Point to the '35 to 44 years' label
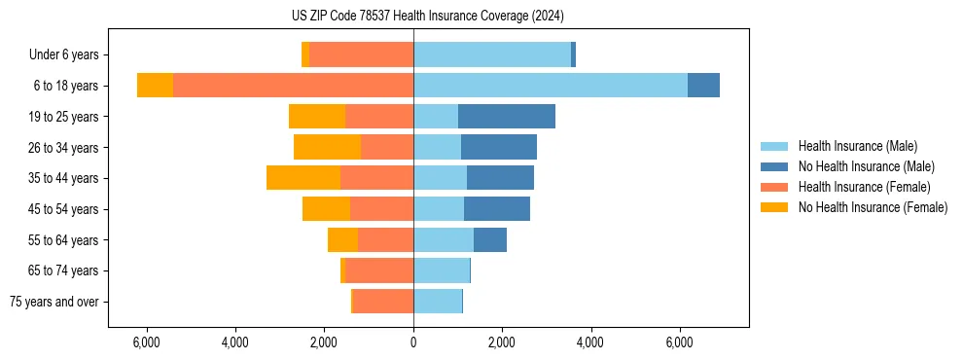(64, 178)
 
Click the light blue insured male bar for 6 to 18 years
(551, 86)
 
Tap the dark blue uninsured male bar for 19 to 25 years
(507, 117)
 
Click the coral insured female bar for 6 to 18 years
(293, 86)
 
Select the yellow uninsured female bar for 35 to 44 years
(303, 178)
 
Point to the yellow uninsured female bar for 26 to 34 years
(327, 147)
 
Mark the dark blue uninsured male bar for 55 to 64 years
(490, 239)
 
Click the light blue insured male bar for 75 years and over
(438, 302)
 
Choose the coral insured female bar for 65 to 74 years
(379, 270)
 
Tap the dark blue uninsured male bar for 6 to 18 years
(703, 86)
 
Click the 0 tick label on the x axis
(413, 342)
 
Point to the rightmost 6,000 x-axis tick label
(679, 342)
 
